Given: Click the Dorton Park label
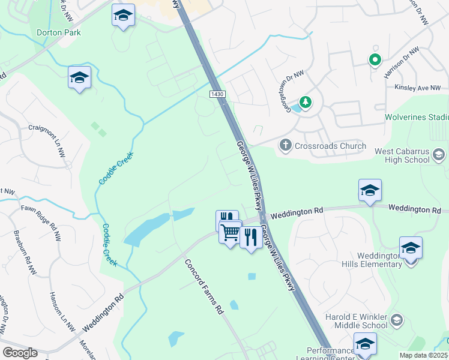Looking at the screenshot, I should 58,32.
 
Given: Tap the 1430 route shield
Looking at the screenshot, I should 217,95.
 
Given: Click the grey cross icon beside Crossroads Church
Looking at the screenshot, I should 286,145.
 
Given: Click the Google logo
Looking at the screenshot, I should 19,353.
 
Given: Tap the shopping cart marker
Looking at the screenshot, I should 231,232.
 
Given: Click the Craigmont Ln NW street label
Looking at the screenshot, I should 47,133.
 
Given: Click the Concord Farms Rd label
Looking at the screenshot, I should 204,287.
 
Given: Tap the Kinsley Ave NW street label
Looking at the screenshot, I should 418,88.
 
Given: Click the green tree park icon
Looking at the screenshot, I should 306,103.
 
